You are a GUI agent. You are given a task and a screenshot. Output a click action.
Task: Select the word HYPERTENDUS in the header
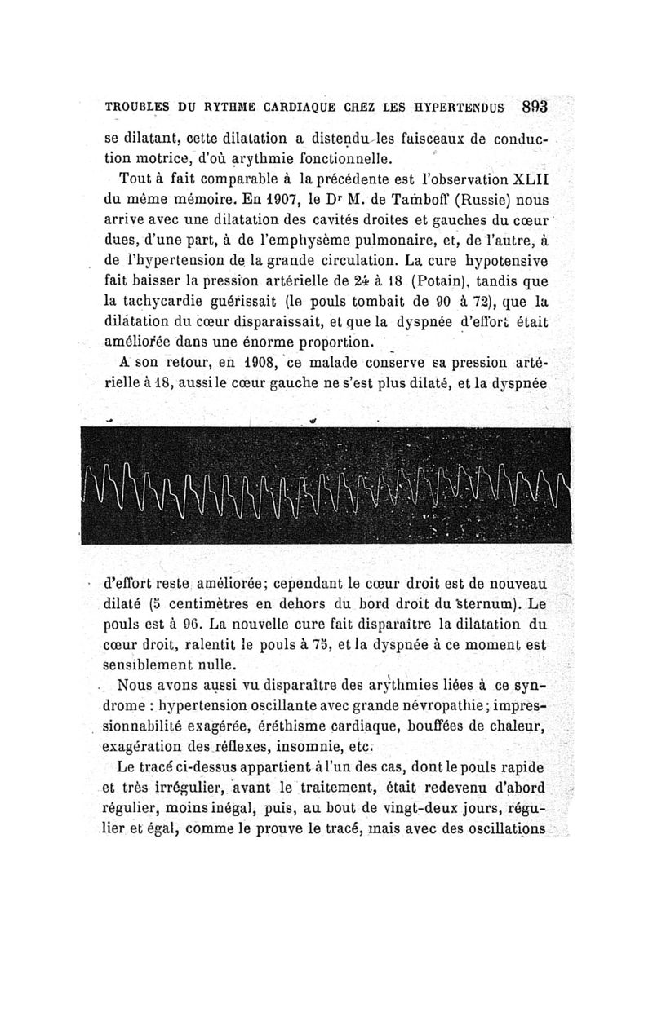pos(459,106)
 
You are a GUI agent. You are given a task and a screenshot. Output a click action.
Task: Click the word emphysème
pos(292,239)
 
